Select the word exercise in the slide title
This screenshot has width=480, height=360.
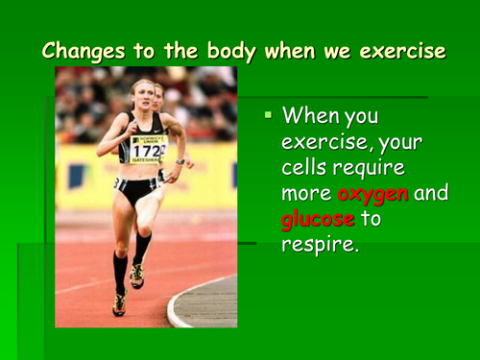[x=400, y=50]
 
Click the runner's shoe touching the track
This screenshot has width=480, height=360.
[x=120, y=302]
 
